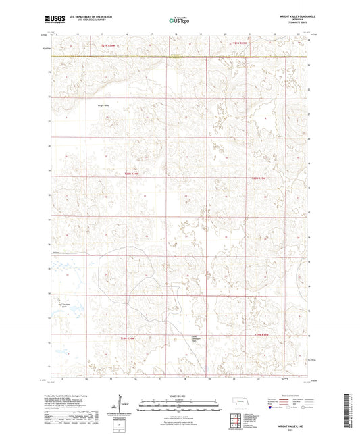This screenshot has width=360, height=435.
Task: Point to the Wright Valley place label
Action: click(x=103, y=105)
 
